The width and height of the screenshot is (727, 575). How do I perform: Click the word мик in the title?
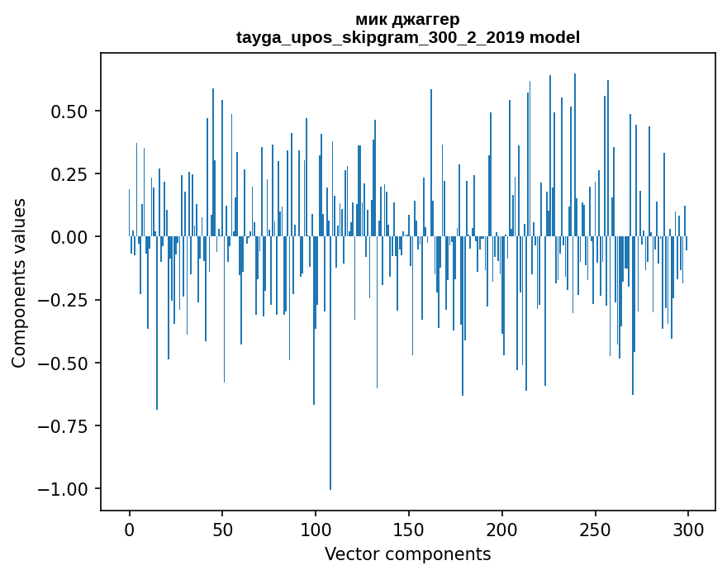pos(369,19)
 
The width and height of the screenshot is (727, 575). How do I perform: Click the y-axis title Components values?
pos(19,283)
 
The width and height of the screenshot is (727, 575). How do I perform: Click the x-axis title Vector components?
pos(407,554)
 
